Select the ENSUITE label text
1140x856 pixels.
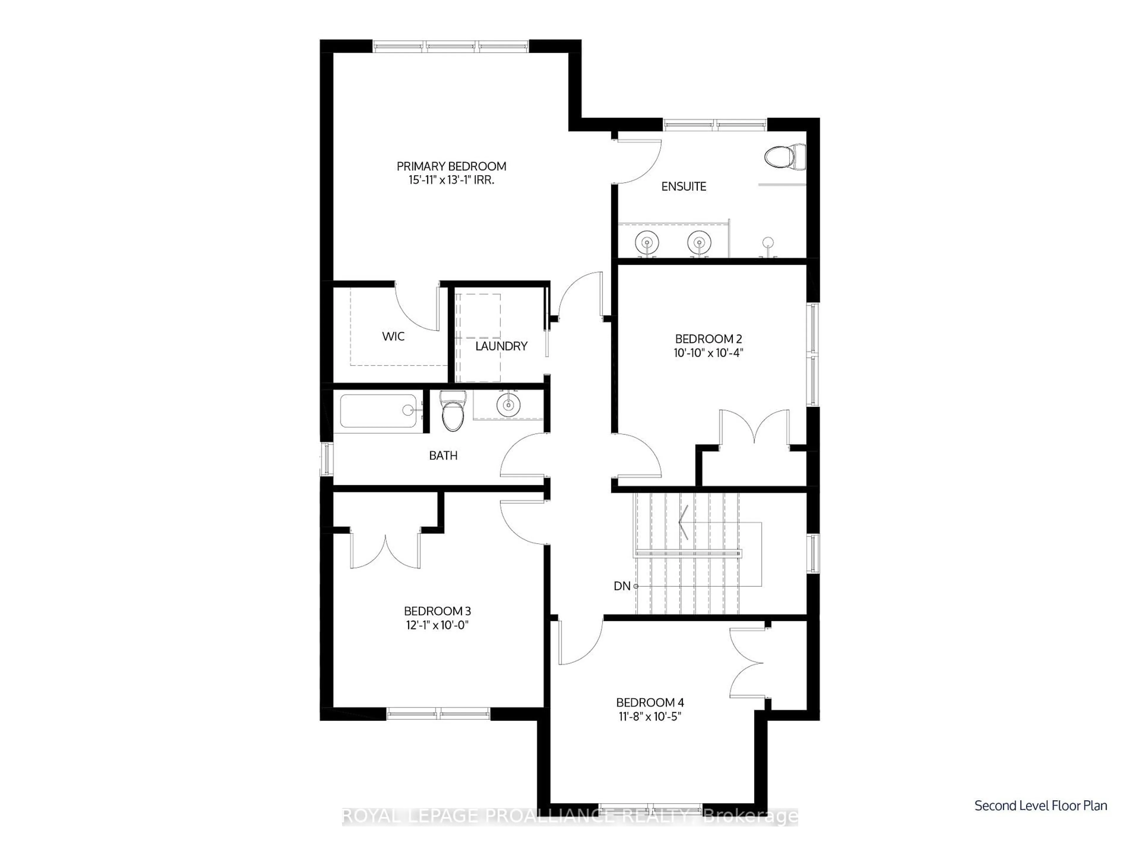(683, 187)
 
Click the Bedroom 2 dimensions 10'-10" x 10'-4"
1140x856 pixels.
(708, 353)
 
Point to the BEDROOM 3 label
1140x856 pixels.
(437, 611)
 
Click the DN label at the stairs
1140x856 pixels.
(622, 586)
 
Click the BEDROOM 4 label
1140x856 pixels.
(650, 703)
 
